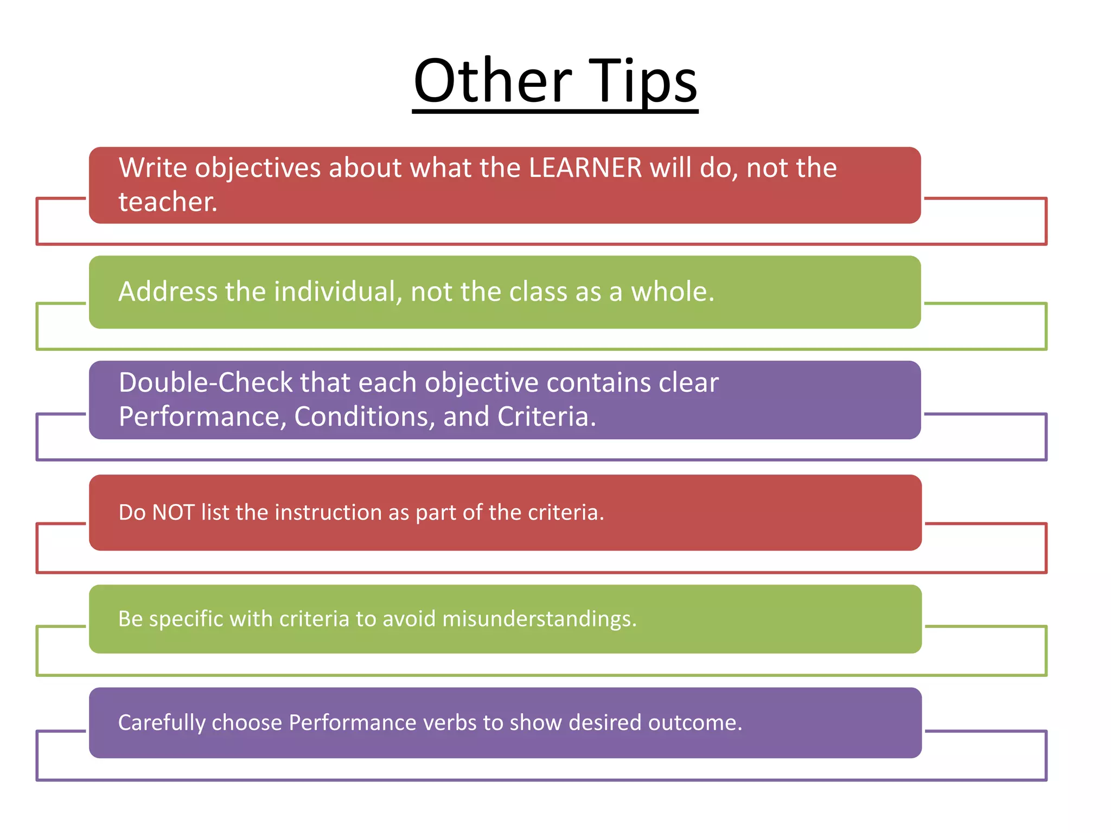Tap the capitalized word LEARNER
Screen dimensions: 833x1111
585,168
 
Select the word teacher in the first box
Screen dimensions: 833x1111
168,202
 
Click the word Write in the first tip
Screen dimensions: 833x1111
153,168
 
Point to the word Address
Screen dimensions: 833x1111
168,292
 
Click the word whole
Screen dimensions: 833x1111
672,292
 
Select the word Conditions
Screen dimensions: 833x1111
365,417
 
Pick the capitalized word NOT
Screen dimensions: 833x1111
173,512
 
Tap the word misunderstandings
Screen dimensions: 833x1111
539,619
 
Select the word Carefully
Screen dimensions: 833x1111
162,723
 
